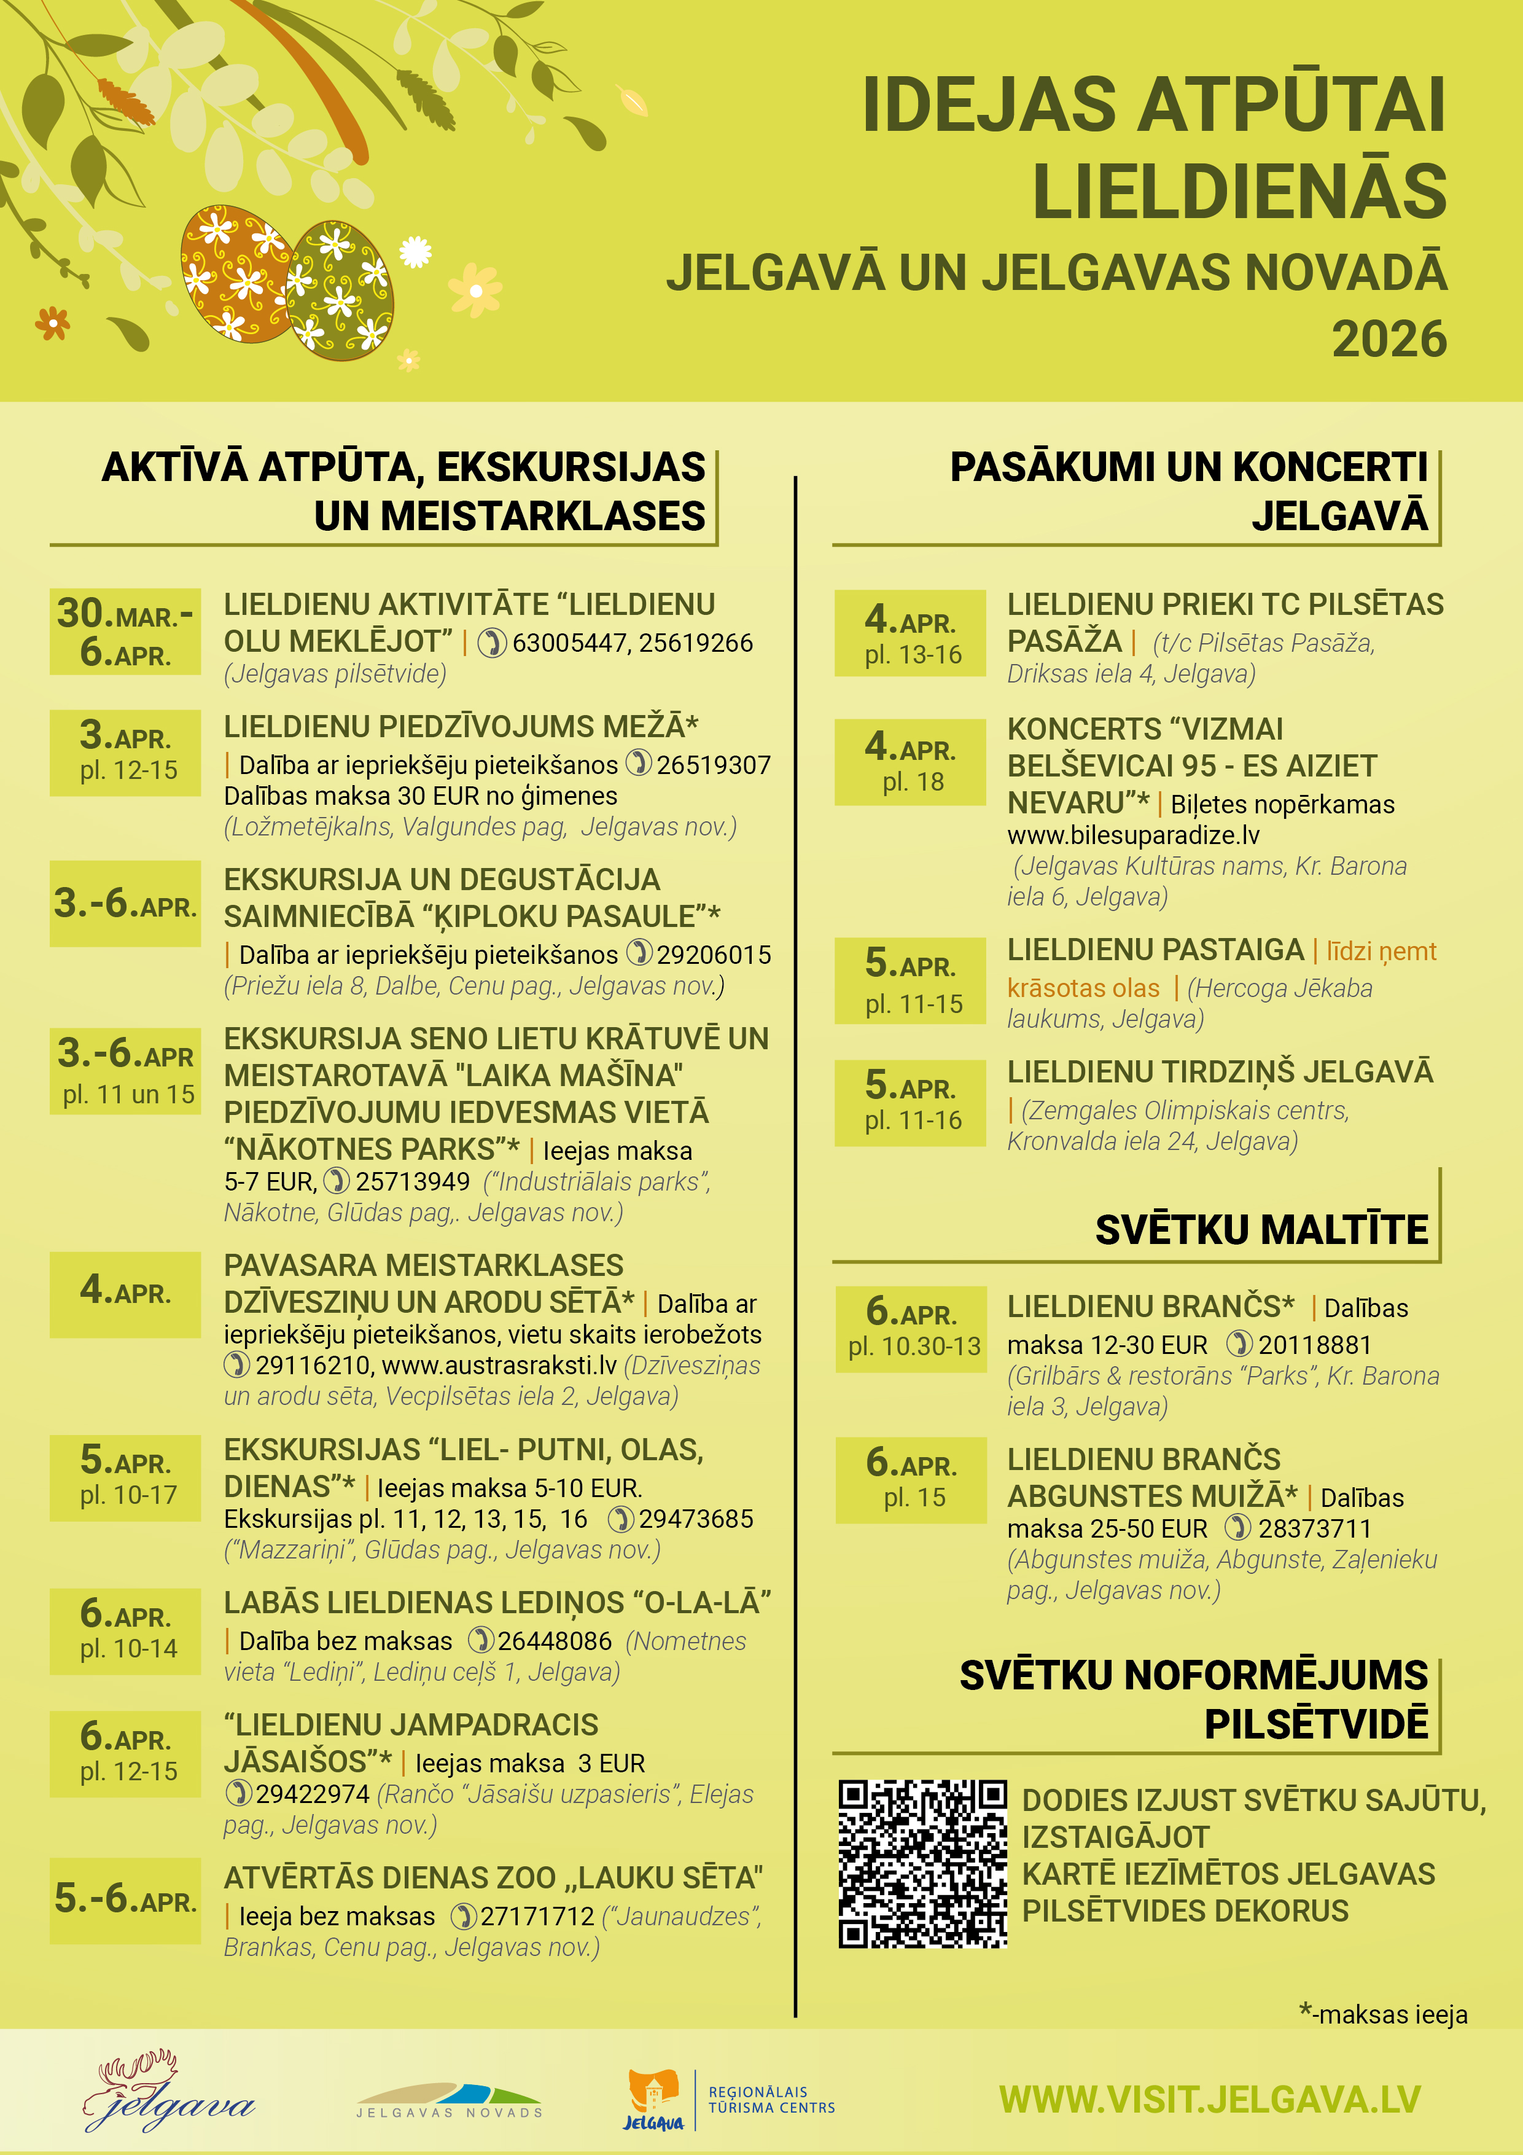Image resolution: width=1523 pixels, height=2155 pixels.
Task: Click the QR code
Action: pos(922,1863)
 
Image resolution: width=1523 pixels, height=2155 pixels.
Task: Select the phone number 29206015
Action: pos(713,955)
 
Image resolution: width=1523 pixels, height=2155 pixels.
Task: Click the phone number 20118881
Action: pos(1314,1345)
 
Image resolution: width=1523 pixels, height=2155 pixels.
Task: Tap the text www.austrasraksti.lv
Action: pos(499,1366)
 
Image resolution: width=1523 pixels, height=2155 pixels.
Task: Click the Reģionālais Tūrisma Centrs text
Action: pos(771,2100)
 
